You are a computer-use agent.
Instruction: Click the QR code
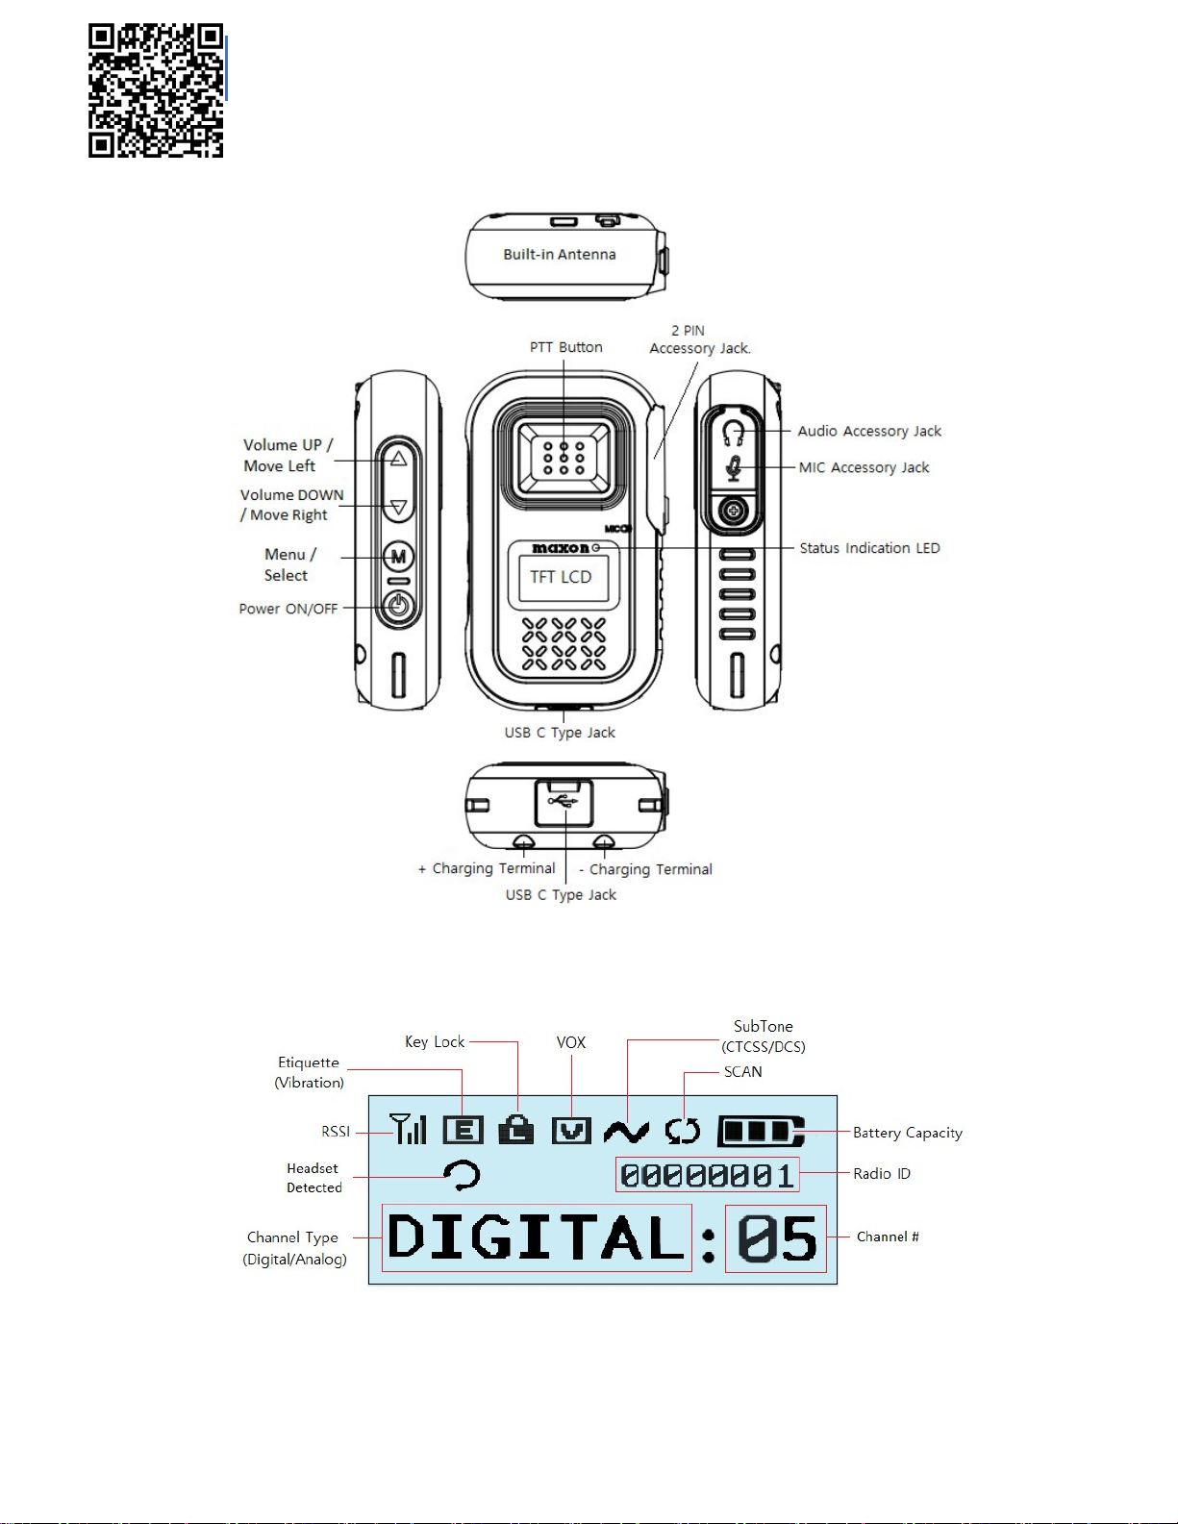coord(156,90)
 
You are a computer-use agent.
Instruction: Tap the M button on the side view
coord(398,557)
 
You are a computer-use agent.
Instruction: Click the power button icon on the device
coord(398,607)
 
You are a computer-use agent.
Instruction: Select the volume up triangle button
coord(398,459)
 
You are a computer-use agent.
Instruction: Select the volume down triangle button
coord(398,507)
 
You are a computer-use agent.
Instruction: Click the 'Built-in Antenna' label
coord(560,255)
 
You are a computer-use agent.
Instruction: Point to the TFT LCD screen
coord(562,577)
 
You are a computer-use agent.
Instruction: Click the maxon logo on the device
coord(562,548)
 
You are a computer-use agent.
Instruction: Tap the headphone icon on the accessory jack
coord(734,432)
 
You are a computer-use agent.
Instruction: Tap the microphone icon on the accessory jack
coord(734,468)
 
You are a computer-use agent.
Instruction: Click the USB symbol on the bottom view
coord(564,800)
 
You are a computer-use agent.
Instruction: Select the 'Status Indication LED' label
coord(869,548)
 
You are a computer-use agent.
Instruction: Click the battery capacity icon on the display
coord(761,1132)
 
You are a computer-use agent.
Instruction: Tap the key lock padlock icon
coord(516,1130)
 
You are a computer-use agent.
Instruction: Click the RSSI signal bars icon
coord(408,1129)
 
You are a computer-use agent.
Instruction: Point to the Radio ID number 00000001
coord(707,1175)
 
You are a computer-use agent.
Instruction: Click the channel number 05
coord(776,1238)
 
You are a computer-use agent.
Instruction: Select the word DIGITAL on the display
coord(537,1237)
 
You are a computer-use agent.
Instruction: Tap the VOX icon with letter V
coord(571,1131)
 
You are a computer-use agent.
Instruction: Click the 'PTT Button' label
coord(566,347)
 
